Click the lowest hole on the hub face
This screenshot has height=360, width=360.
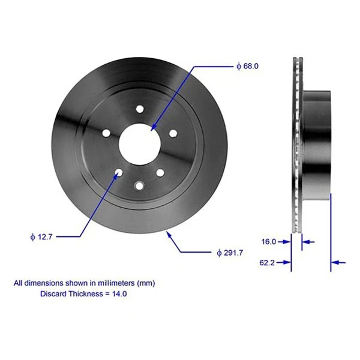(x=140, y=185)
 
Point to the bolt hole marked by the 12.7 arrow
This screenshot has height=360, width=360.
(x=119, y=173)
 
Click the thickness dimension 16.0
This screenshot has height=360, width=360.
(x=268, y=242)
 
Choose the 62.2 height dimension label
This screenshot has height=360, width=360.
(x=268, y=262)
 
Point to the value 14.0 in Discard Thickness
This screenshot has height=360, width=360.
(x=119, y=294)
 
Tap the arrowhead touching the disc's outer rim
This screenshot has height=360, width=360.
(x=169, y=235)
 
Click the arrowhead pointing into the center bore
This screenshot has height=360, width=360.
(x=154, y=127)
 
